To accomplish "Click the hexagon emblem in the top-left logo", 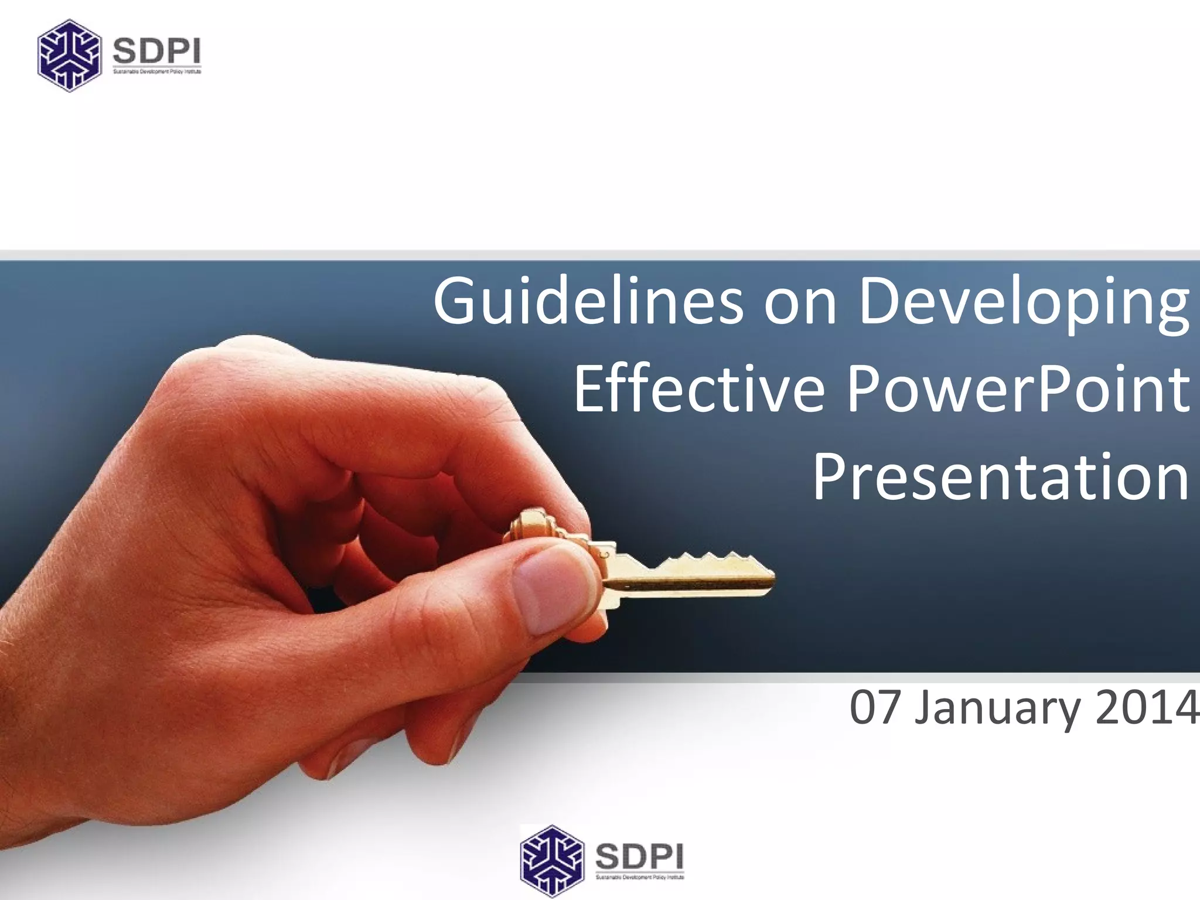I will (68, 56).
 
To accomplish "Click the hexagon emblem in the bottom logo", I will (552, 861).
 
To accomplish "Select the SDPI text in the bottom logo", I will (639, 857).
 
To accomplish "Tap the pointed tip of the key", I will (771, 578).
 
